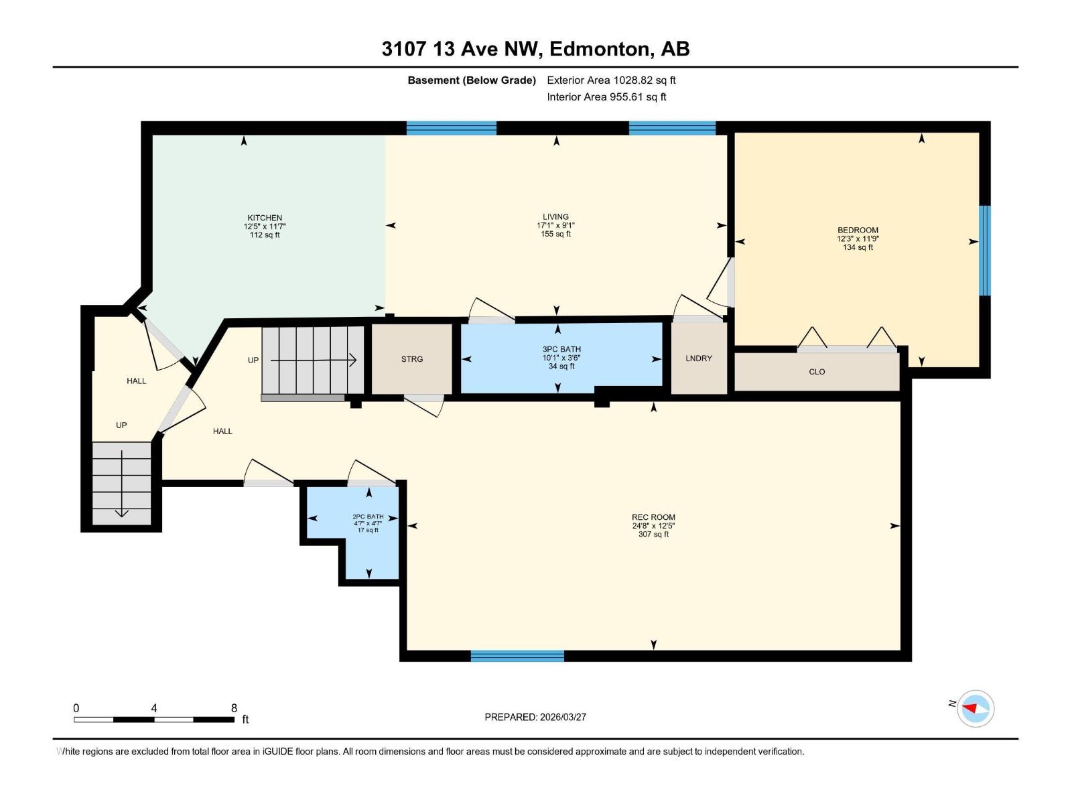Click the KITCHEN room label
[x=265, y=218]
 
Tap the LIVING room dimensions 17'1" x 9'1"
[x=555, y=226]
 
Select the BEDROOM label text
[x=858, y=230]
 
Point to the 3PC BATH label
[x=561, y=349]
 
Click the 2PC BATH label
[x=368, y=517]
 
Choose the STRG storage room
[x=412, y=359]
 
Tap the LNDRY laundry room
[x=699, y=358]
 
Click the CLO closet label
[x=817, y=372]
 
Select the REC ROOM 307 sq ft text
[x=653, y=534]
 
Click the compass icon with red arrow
[x=975, y=708]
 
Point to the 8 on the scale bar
[x=234, y=708]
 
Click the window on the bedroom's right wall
[x=984, y=251]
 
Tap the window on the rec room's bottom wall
[x=517, y=656]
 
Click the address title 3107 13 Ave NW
[x=535, y=49]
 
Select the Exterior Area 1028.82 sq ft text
[x=611, y=80]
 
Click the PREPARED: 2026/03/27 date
[x=535, y=717]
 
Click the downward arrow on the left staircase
[x=121, y=513]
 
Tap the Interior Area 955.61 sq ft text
[x=606, y=97]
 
